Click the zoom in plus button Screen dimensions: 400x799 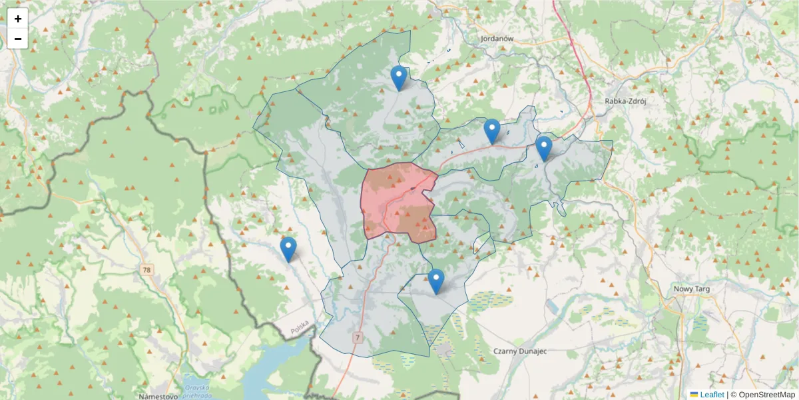click(18, 19)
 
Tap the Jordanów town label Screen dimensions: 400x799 click(497, 39)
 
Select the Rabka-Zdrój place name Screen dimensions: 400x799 click(625, 101)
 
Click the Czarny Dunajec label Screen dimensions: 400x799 click(520, 351)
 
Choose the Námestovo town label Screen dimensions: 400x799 click(158, 396)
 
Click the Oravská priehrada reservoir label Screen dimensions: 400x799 click(198, 390)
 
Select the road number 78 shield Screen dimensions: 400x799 click(146, 270)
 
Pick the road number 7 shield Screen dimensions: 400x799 click(358, 338)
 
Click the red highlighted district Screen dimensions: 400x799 click(396, 200)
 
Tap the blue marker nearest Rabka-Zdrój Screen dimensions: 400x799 click(543, 148)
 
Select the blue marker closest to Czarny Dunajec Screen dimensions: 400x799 click(436, 281)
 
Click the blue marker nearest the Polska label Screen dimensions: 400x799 click(288, 249)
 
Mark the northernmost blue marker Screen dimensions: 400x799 click(398, 77)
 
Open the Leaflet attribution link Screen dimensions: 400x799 click(710, 395)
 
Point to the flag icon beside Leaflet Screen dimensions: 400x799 click(694, 395)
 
